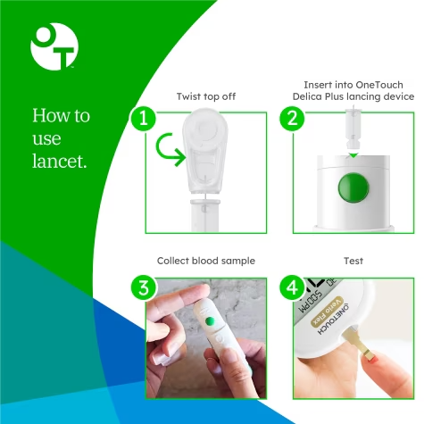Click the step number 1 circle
[x=139, y=117]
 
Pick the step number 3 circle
[x=139, y=286]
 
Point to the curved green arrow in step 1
[x=169, y=151]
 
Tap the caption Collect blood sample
[x=206, y=261]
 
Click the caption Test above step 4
[x=353, y=261]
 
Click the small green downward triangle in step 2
[x=353, y=154]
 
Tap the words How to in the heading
[x=61, y=117]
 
